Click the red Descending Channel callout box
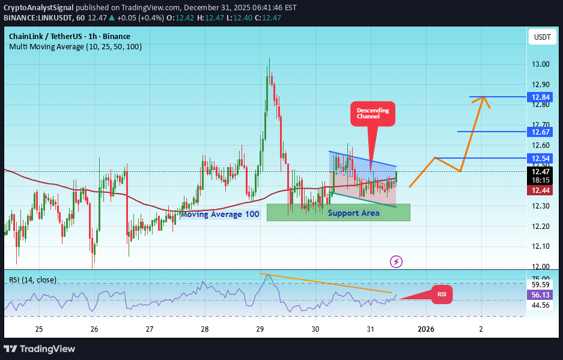coord(373,114)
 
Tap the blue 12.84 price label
coord(538,97)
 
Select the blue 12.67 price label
coord(538,132)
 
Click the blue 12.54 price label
coord(538,158)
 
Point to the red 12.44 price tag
coord(538,190)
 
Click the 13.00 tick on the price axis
coord(541,64)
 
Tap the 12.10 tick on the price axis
coord(541,246)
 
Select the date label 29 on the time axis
coord(260,329)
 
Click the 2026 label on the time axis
coord(425,329)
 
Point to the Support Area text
coord(353,213)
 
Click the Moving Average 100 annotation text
coord(220,214)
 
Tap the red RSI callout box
coord(442,294)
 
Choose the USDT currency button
coord(542,37)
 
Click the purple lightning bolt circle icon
coord(396,261)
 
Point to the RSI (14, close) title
coord(33,279)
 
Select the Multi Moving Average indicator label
coord(75,46)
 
